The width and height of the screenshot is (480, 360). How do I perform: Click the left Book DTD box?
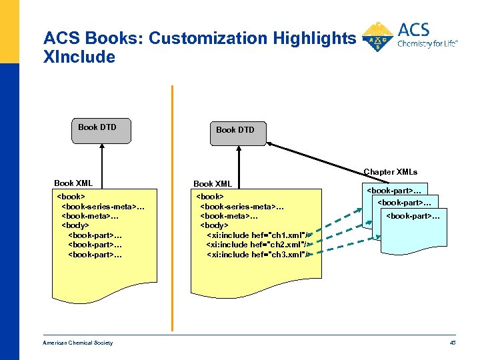pos(101,131)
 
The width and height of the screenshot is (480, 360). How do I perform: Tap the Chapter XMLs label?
pos(390,172)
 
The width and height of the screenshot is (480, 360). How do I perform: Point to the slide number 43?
pos(452,343)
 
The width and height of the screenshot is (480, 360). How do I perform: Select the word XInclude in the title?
pos(79,57)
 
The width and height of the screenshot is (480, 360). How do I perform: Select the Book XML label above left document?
pos(73,183)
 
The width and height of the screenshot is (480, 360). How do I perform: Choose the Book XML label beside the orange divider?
pos(213,184)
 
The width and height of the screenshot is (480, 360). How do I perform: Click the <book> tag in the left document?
pos(71,197)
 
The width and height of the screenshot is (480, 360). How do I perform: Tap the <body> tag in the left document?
pos(77,225)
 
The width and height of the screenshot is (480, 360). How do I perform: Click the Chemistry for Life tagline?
pos(427,44)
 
